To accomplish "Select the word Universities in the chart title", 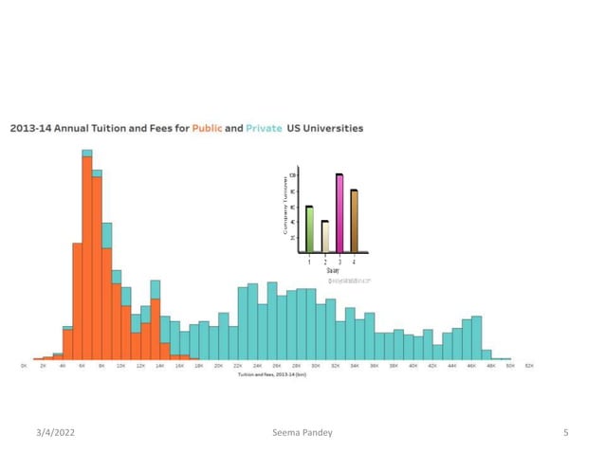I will click(x=333, y=128).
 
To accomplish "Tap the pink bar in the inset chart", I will click(x=339, y=213).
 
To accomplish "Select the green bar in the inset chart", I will click(x=309, y=229).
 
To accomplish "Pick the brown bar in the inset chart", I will click(x=354, y=221).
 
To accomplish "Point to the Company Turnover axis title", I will click(x=284, y=209).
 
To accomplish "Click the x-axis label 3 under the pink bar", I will click(x=339, y=261).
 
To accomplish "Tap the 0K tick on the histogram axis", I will click(x=24, y=366).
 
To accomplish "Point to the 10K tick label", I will click(x=120, y=366).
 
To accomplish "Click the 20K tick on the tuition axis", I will click(x=218, y=366).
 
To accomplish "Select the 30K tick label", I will click(x=316, y=366).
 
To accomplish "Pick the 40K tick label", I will click(x=412, y=366).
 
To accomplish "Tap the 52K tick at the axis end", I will click(x=529, y=366).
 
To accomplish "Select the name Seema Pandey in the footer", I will click(x=302, y=432).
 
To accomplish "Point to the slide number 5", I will click(x=565, y=432).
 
